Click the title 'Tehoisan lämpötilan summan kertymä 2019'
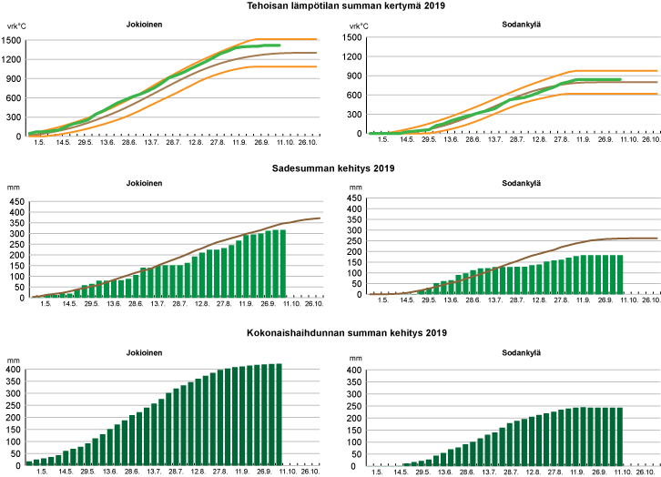pyautogui.click(x=330, y=6)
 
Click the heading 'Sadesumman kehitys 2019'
pyautogui.click(x=330, y=167)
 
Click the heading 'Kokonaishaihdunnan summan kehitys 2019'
pyautogui.click(x=330, y=332)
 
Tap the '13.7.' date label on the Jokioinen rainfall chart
pyautogui.click(x=158, y=304)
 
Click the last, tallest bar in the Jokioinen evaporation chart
pyautogui.click(x=278, y=415)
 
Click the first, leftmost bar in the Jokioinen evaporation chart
pyautogui.click(x=29, y=463)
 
